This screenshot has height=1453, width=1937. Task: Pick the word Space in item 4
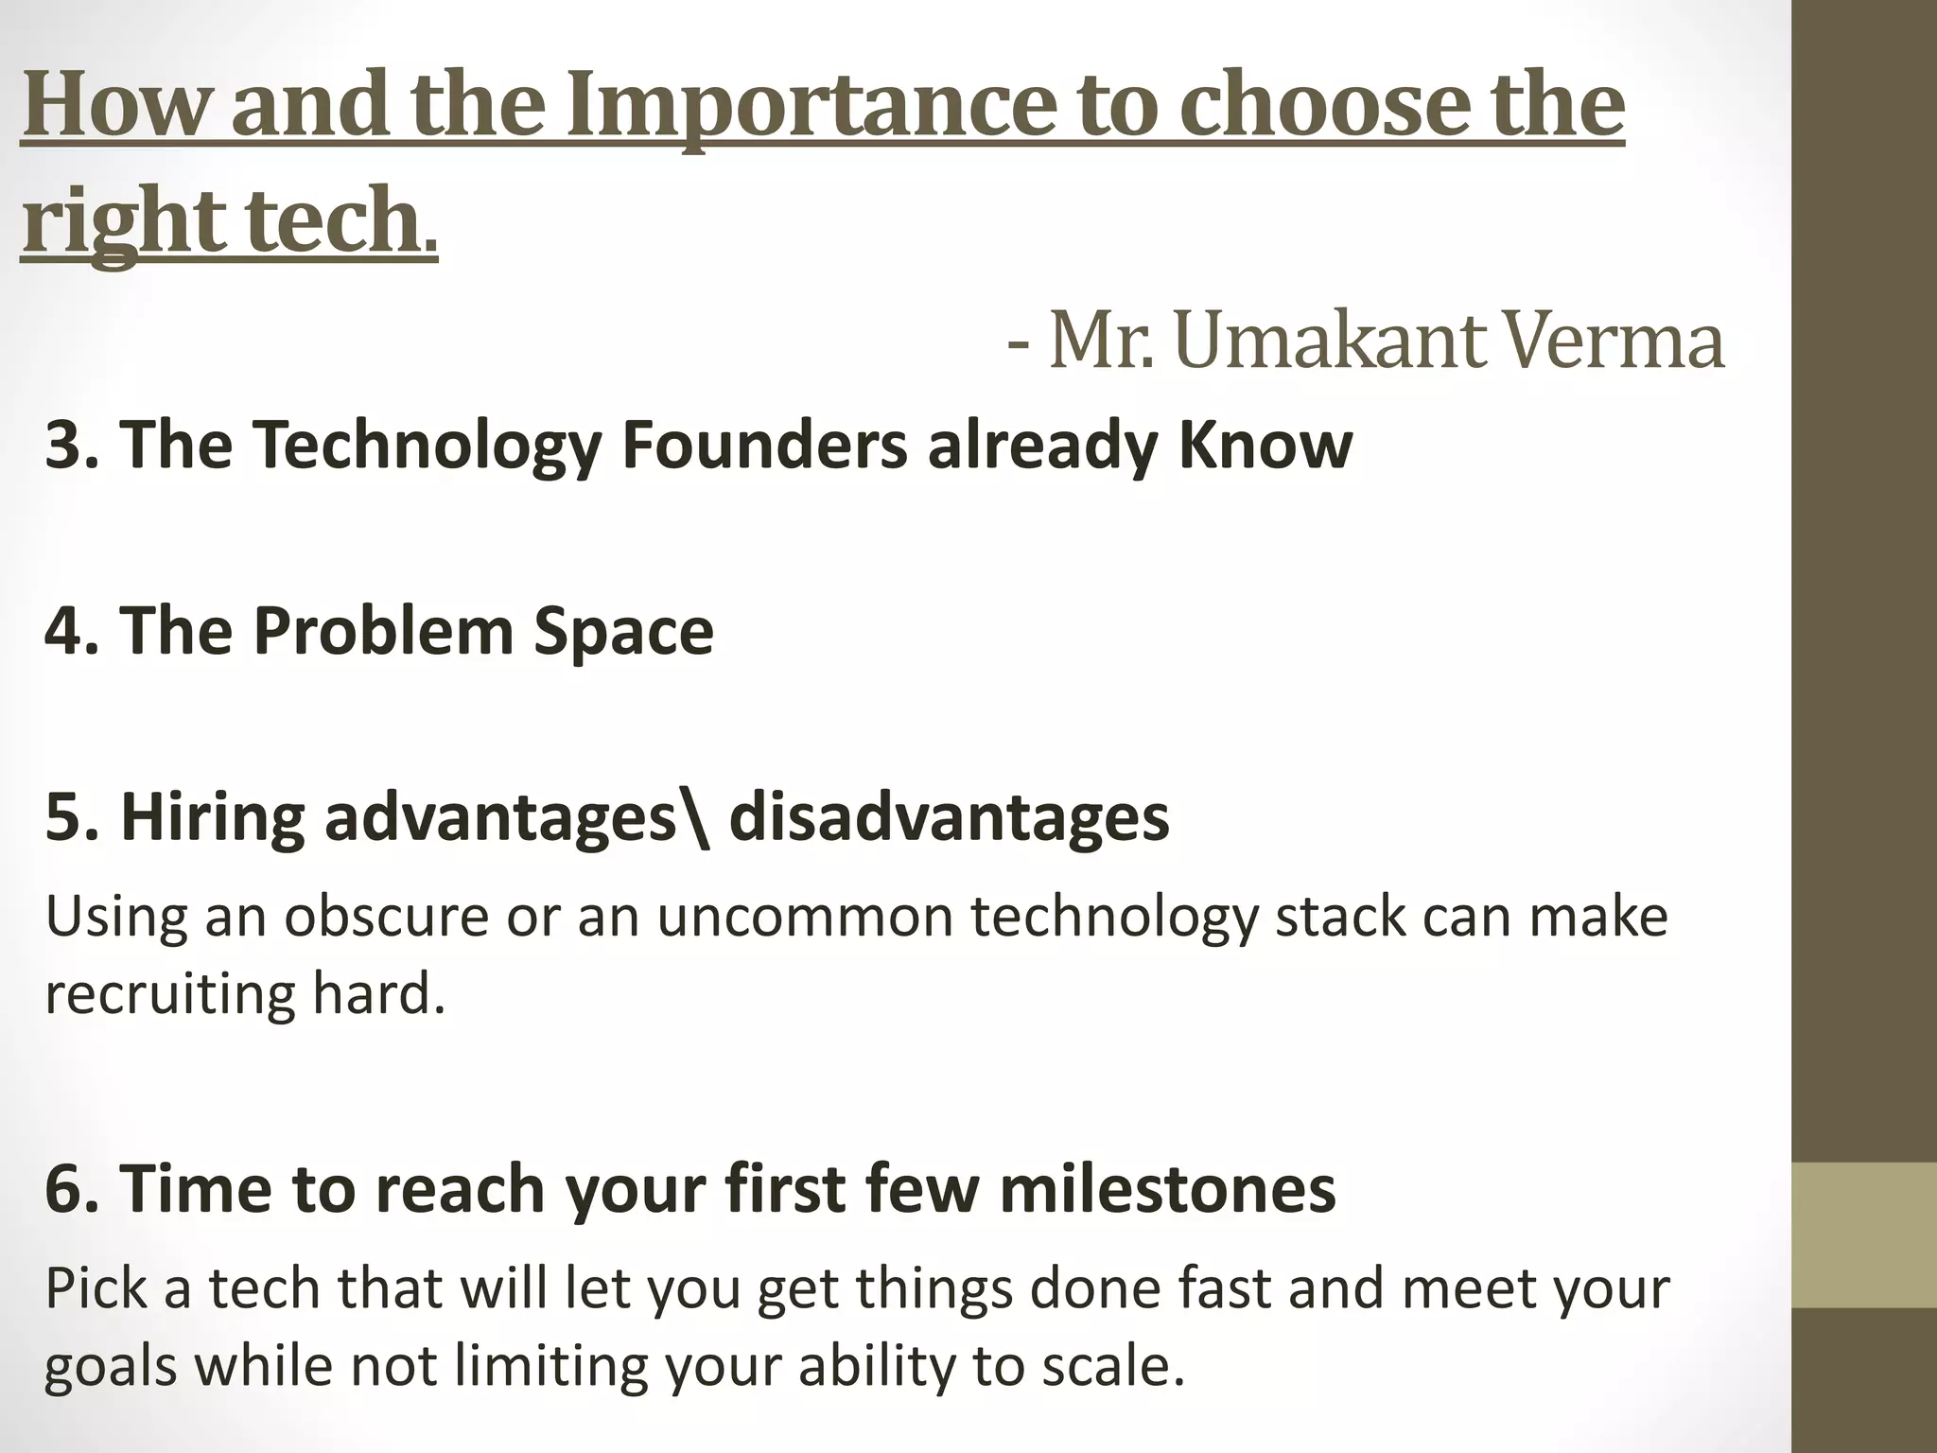623,631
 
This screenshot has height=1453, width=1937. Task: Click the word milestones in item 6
1167,1189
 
